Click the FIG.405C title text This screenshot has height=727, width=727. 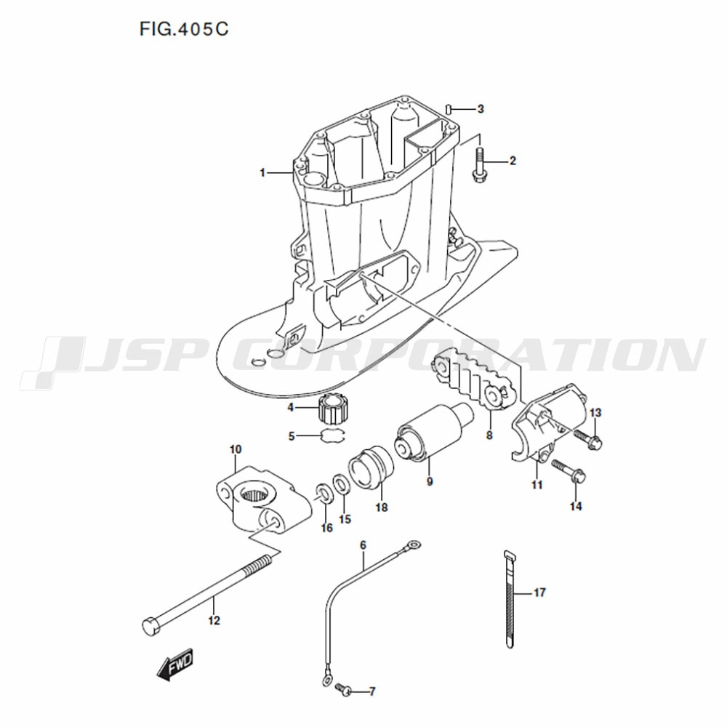click(184, 30)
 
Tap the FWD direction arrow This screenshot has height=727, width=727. click(175, 664)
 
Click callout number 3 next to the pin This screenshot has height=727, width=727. click(481, 109)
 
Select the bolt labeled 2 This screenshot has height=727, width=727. click(479, 165)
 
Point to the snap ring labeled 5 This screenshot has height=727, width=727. click(333, 435)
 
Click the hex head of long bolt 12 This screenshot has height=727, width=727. click(150, 627)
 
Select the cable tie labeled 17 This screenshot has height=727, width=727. click(509, 598)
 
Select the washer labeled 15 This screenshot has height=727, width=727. click(342, 485)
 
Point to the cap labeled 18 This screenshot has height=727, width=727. click(371, 467)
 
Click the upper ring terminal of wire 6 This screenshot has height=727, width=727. click(413, 545)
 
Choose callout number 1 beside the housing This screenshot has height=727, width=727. click(262, 173)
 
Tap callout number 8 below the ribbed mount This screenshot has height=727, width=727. click(489, 435)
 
